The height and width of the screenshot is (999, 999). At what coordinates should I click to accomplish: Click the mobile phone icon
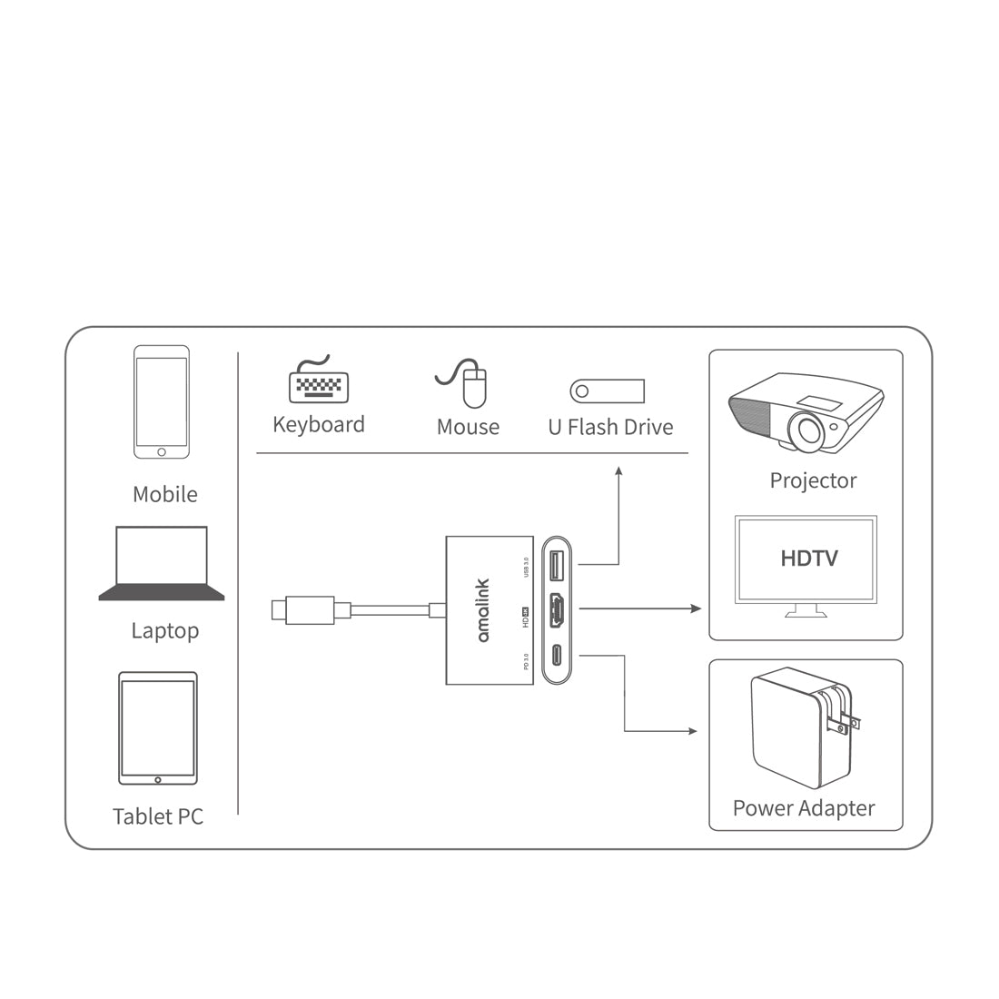pos(162,401)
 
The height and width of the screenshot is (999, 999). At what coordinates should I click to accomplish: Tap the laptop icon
pos(162,563)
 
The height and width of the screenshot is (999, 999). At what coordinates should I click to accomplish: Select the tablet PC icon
pos(158,728)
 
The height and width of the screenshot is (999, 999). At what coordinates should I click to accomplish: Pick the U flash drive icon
pos(608,391)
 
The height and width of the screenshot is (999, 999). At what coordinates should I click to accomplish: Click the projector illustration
pos(806,412)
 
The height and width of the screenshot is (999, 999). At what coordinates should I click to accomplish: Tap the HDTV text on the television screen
pos(809,558)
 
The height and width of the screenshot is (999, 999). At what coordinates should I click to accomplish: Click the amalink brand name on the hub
pos(482,609)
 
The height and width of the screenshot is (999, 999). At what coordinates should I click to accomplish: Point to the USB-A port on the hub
pos(558,566)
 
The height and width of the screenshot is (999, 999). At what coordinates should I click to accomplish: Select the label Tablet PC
pos(158,816)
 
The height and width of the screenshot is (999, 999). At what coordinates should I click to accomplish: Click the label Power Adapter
pos(804,807)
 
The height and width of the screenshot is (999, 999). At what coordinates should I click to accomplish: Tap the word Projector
pos(813,480)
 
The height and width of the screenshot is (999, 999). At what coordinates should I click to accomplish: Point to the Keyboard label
pos(319,424)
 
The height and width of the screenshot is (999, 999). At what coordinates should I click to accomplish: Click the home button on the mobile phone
pos(162,451)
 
